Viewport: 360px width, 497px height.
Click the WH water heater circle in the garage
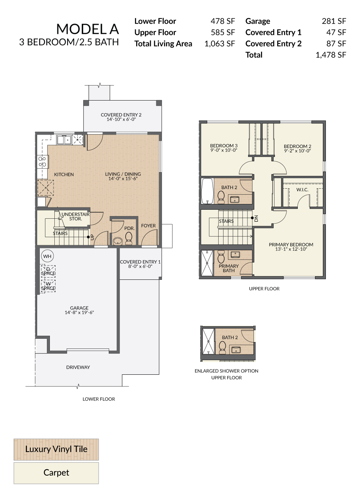point(47,256)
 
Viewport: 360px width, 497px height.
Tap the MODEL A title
point(88,29)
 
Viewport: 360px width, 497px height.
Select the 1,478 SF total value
point(331,55)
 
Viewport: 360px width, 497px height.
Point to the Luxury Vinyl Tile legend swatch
point(56,449)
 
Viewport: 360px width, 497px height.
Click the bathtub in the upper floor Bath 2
point(207,191)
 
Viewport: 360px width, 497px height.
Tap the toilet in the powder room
point(129,238)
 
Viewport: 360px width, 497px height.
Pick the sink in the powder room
point(117,241)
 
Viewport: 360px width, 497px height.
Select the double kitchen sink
point(64,140)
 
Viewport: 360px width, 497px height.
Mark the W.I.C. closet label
point(302,190)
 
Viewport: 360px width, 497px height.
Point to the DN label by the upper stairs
point(256,219)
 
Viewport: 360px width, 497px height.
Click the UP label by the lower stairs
point(92,237)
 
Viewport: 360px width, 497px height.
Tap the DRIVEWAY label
point(78,367)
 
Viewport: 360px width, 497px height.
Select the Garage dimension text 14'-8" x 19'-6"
point(79,312)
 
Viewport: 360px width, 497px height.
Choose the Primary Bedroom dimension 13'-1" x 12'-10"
point(291,249)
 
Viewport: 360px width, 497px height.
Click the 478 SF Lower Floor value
point(223,21)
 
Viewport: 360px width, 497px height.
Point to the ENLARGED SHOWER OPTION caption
point(226,371)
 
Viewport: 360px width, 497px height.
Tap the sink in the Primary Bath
point(235,254)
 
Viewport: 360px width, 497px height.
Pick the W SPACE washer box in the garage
point(48,286)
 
